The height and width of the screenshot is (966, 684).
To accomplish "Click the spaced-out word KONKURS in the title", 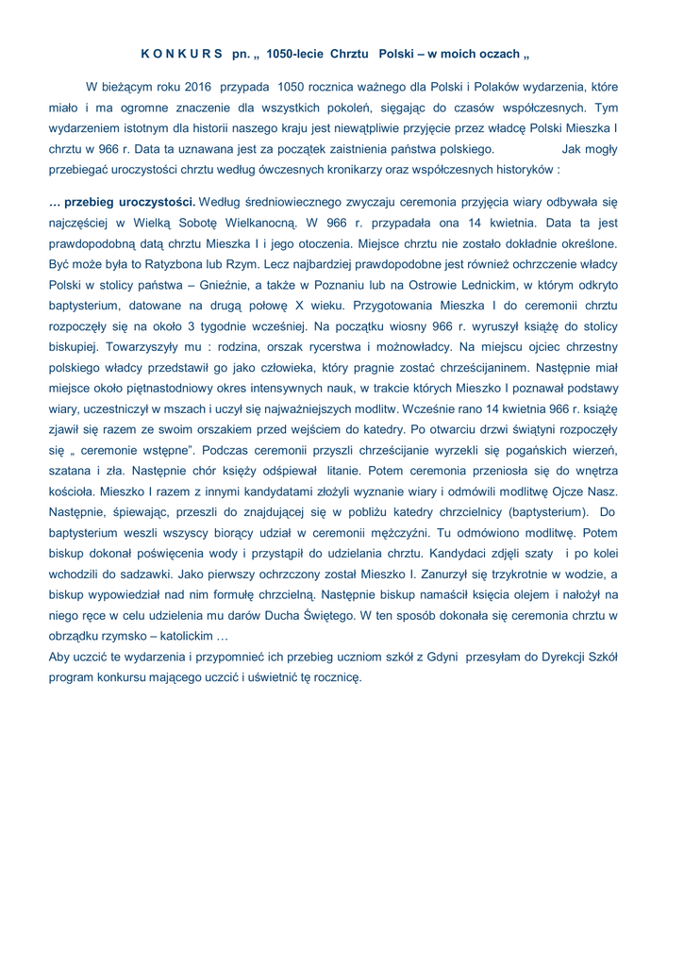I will (x=182, y=54).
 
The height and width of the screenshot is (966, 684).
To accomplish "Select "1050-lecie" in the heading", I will (x=295, y=54).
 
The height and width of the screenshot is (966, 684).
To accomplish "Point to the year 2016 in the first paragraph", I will (x=194, y=87).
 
